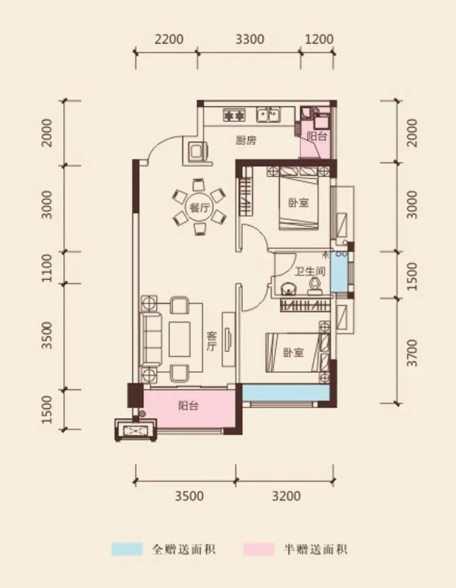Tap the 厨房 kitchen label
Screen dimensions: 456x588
point(246,140)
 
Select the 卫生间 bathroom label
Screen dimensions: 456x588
point(310,270)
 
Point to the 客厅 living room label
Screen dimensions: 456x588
point(211,341)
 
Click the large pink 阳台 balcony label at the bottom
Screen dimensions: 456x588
point(188,406)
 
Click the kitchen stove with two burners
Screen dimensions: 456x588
point(234,115)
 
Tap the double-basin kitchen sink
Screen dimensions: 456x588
point(268,115)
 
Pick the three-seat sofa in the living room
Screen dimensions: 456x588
point(152,340)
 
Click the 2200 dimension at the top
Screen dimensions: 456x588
point(169,40)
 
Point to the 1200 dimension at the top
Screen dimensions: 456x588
point(319,40)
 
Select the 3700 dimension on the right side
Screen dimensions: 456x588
point(412,353)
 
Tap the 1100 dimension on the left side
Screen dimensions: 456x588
point(47,268)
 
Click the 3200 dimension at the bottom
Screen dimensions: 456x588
point(286,496)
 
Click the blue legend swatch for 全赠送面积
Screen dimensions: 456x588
point(127,549)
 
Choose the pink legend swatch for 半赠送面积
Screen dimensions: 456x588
point(259,549)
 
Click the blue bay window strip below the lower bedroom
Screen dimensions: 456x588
point(286,392)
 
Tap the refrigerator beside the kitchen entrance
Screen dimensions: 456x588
point(197,152)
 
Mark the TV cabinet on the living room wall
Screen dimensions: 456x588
point(229,340)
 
